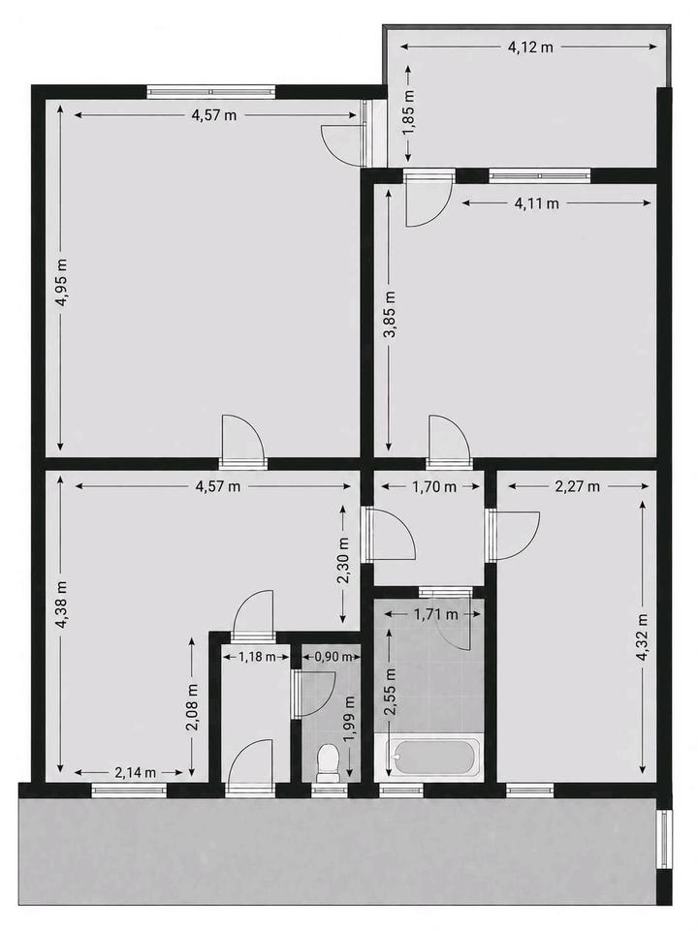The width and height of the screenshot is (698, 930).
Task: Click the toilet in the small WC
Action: click(328, 763)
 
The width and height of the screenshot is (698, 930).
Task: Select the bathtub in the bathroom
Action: click(435, 757)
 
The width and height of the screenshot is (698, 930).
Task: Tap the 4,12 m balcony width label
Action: click(530, 47)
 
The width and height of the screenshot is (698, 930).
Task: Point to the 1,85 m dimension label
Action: click(409, 112)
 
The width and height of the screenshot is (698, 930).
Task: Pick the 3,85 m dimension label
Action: click(390, 315)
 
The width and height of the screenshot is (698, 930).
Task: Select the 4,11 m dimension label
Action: click(536, 203)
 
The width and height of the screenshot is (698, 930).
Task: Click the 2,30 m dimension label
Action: click(343, 561)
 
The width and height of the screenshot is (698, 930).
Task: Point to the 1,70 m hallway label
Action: click(434, 487)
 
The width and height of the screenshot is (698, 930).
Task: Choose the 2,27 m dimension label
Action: click(578, 487)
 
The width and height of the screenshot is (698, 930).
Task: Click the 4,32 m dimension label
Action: click(643, 637)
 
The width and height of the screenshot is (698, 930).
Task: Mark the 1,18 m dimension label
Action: click(257, 657)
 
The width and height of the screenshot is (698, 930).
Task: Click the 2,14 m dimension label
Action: click(136, 772)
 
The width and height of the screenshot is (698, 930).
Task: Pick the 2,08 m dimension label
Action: click(192, 707)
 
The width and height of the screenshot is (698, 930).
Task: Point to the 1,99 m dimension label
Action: click(350, 719)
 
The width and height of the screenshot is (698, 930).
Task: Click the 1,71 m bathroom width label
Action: click(435, 614)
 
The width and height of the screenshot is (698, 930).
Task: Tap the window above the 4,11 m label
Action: click(540, 175)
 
